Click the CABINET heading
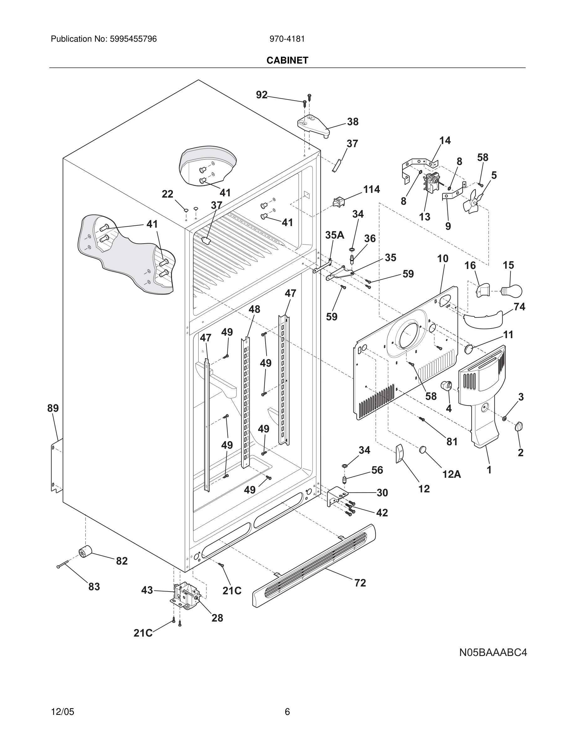pos(287,60)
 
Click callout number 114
pos(371,189)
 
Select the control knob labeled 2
pos(519,426)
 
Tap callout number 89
pos(53,408)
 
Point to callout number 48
pos(254,309)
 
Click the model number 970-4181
pos(287,39)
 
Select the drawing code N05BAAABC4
pos(493,652)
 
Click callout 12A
pos(451,474)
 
